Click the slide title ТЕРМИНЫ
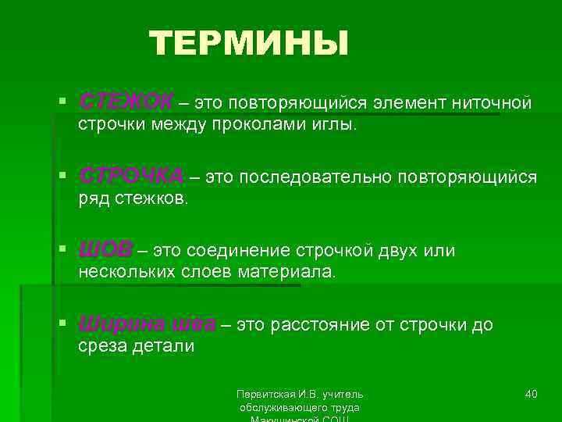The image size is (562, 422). [x=248, y=44]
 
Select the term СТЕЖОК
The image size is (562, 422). [x=126, y=103]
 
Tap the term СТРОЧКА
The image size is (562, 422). [x=131, y=177]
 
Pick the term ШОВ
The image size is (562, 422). [x=105, y=251]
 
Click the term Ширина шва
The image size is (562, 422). [x=146, y=325]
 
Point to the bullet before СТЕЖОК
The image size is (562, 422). [x=62, y=102]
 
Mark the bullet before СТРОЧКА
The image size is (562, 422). [x=62, y=177]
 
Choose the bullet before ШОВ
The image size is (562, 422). [x=62, y=250]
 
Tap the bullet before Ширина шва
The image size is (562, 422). [x=62, y=324]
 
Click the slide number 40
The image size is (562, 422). [x=531, y=394]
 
